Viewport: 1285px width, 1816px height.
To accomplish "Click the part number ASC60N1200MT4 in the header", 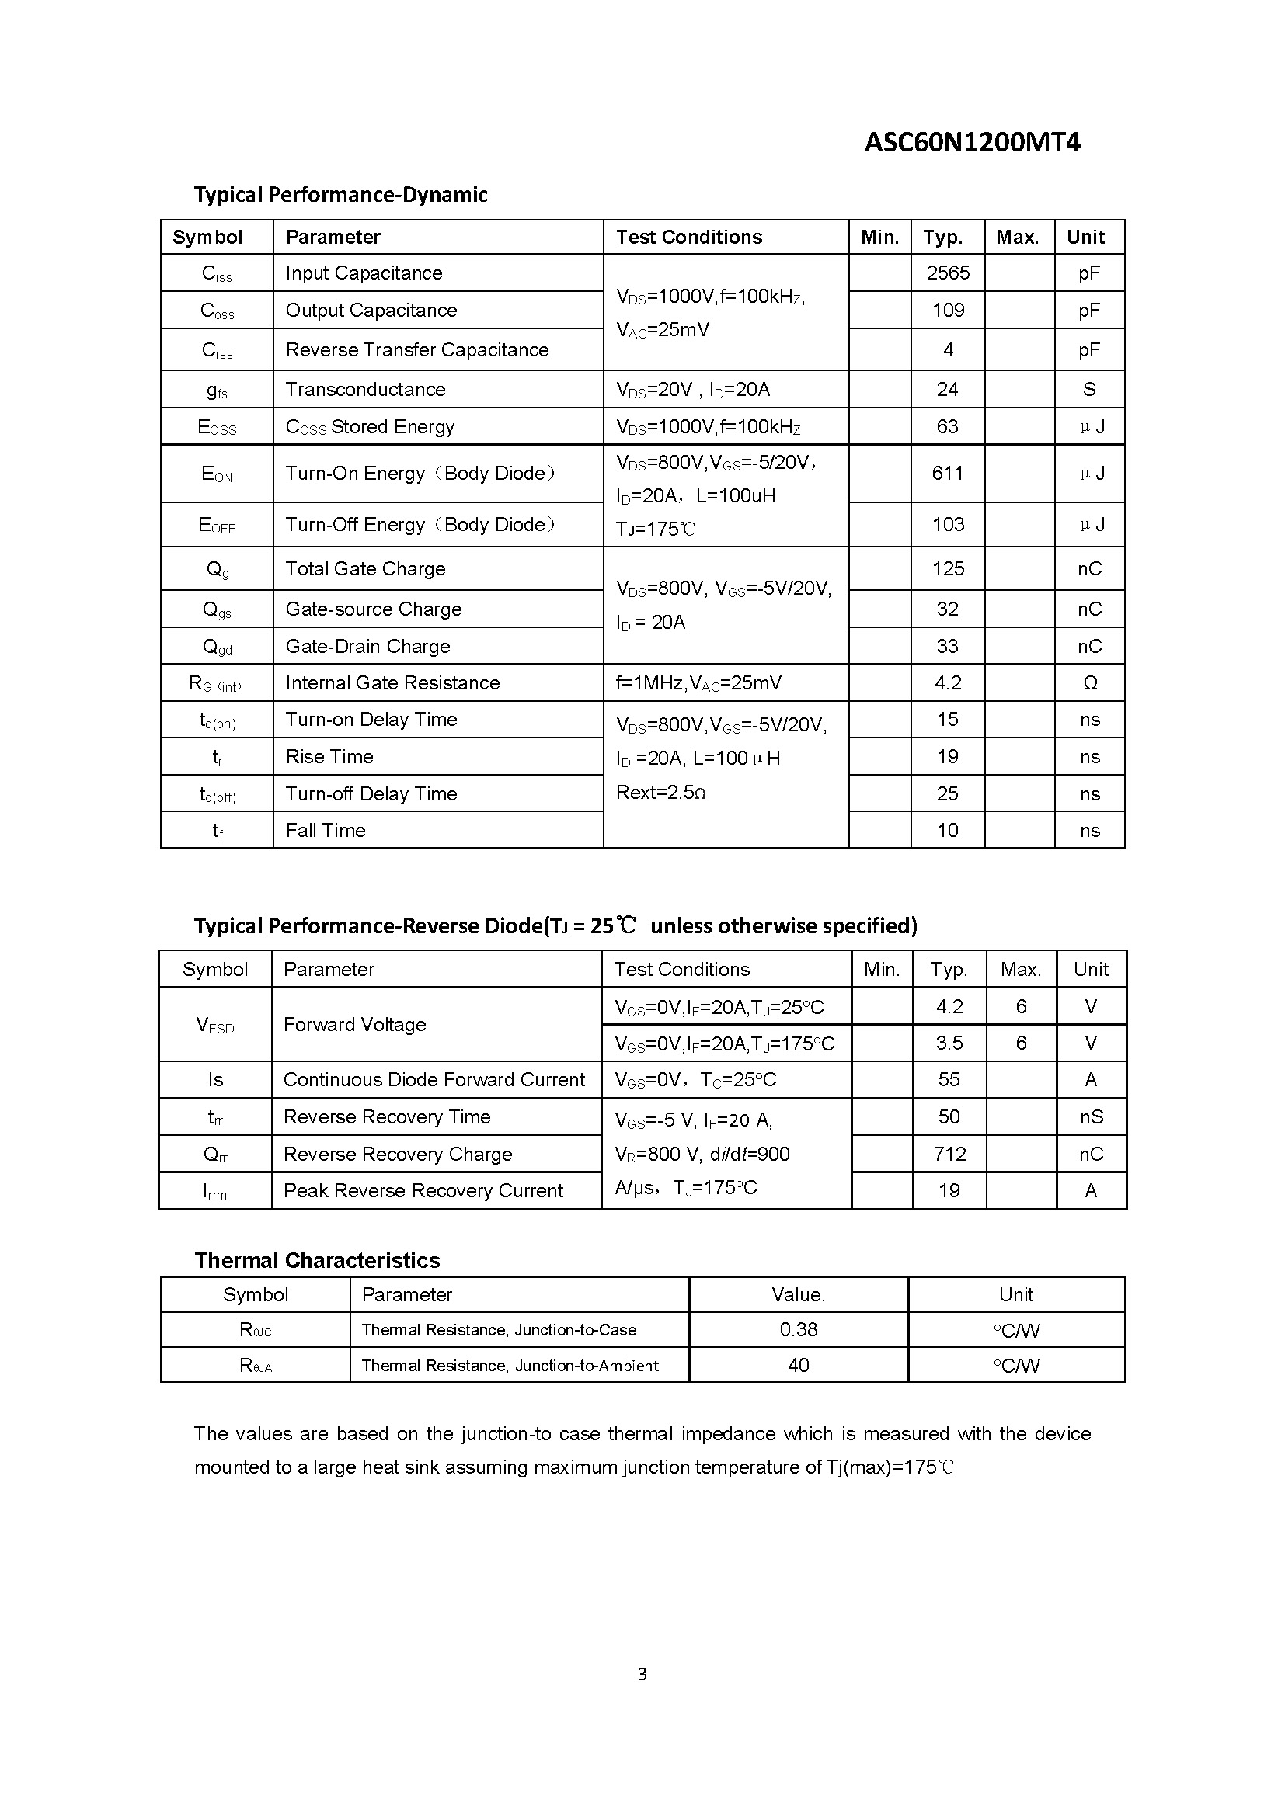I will pos(972,142).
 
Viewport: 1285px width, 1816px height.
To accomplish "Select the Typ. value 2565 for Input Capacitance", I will pos(948,273).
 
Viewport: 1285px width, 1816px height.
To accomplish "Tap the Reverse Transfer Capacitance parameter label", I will pos(416,349).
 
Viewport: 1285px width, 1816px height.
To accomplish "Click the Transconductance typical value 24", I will pos(947,389).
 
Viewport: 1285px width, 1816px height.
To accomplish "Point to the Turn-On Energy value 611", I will pos(947,473).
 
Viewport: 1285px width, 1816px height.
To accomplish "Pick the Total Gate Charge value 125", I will pos(948,568).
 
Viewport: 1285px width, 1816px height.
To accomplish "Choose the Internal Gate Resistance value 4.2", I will pos(947,682).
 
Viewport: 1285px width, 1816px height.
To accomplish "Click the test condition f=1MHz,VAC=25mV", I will pos(698,683).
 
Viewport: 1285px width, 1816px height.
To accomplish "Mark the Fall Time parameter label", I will pos(326,831).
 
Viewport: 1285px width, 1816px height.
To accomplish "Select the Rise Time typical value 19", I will pos(947,757).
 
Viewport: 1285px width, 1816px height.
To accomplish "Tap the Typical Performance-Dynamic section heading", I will pos(340,195).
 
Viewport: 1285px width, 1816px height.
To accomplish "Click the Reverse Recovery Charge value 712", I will pos(949,1154).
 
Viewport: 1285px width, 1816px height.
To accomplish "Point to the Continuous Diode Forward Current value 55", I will pos(949,1080).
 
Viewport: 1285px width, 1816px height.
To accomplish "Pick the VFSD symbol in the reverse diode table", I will pos(215,1026).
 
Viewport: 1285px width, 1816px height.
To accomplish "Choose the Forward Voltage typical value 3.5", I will pos(949,1043).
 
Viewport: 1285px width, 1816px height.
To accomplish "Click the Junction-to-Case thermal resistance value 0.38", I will pos(799,1329).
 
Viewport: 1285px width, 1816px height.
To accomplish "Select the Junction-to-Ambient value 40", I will pos(799,1364).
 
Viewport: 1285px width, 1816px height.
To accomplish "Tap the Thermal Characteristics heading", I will pos(316,1260).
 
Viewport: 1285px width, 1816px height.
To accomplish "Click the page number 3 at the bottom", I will pos(642,1674).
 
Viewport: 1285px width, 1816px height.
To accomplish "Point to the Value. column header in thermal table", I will pos(799,1295).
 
